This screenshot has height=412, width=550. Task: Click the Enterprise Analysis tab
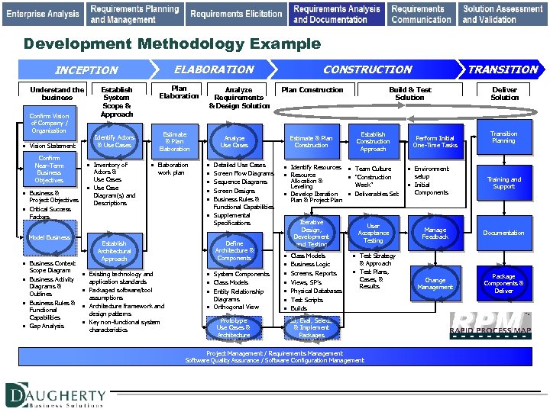(x=43, y=13)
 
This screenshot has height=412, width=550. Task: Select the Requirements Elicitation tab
(x=236, y=13)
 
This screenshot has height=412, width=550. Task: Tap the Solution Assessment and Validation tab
(x=503, y=13)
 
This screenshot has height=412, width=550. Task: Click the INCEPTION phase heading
(x=86, y=70)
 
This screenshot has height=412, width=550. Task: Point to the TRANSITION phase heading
(x=503, y=69)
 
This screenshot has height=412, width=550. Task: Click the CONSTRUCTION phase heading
(x=367, y=69)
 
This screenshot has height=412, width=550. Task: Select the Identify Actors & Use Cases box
(x=114, y=140)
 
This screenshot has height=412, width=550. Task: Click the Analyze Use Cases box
(x=235, y=140)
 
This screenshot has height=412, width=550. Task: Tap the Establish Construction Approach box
(x=373, y=141)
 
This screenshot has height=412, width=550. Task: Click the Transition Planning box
(x=503, y=137)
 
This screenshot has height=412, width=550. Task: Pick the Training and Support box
(x=503, y=183)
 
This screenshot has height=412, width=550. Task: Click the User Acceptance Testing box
(x=373, y=233)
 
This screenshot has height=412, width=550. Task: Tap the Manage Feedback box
(x=435, y=233)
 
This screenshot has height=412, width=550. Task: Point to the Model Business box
(x=49, y=237)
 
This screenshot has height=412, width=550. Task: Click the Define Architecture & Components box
(x=235, y=250)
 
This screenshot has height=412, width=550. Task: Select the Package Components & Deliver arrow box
(x=503, y=283)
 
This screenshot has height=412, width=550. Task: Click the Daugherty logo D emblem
(x=19, y=395)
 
